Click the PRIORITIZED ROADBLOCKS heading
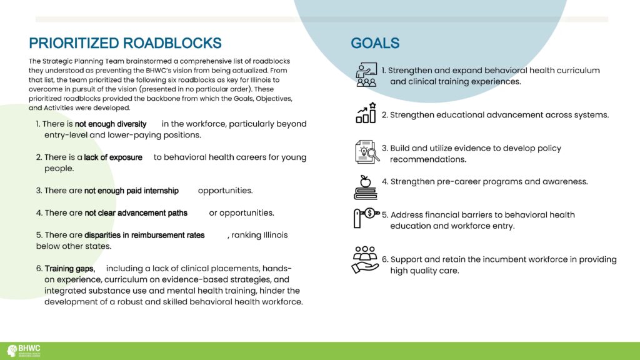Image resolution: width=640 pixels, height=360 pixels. pyautogui.click(x=125, y=43)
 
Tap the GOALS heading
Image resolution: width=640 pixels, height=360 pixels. pyautogui.click(x=375, y=43)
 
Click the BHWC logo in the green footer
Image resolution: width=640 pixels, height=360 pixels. pyautogui.click(x=24, y=351)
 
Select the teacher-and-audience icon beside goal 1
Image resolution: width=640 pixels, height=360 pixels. pyautogui.click(x=366, y=75)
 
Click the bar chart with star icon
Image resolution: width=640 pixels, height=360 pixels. pyautogui.click(x=366, y=113)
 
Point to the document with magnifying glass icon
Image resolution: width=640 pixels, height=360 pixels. pyautogui.click(x=367, y=152)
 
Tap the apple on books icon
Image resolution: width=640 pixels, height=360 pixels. pyautogui.click(x=365, y=187)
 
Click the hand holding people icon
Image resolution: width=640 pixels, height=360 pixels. pyautogui.click(x=365, y=260)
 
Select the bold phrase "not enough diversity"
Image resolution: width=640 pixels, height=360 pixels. pyautogui.click(x=111, y=124)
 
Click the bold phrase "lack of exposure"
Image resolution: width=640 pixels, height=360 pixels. pyautogui.click(x=113, y=157)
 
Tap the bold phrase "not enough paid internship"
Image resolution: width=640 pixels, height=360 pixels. pyautogui.click(x=131, y=191)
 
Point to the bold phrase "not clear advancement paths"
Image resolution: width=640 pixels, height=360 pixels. pyautogui.click(x=136, y=213)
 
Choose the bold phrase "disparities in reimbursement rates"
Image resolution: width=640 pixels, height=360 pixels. pyautogui.click(x=144, y=235)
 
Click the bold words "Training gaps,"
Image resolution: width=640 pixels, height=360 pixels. pyautogui.click(x=70, y=269)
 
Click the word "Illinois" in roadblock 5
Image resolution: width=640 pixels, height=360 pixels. pyautogui.click(x=276, y=235)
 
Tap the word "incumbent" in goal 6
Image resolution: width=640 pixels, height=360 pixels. pyautogui.click(x=477, y=259)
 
